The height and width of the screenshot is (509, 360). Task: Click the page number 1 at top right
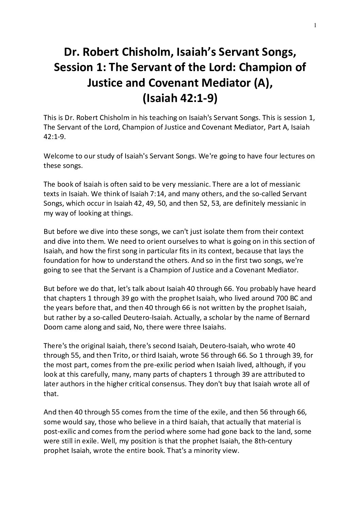pyautogui.click(x=315, y=25)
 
